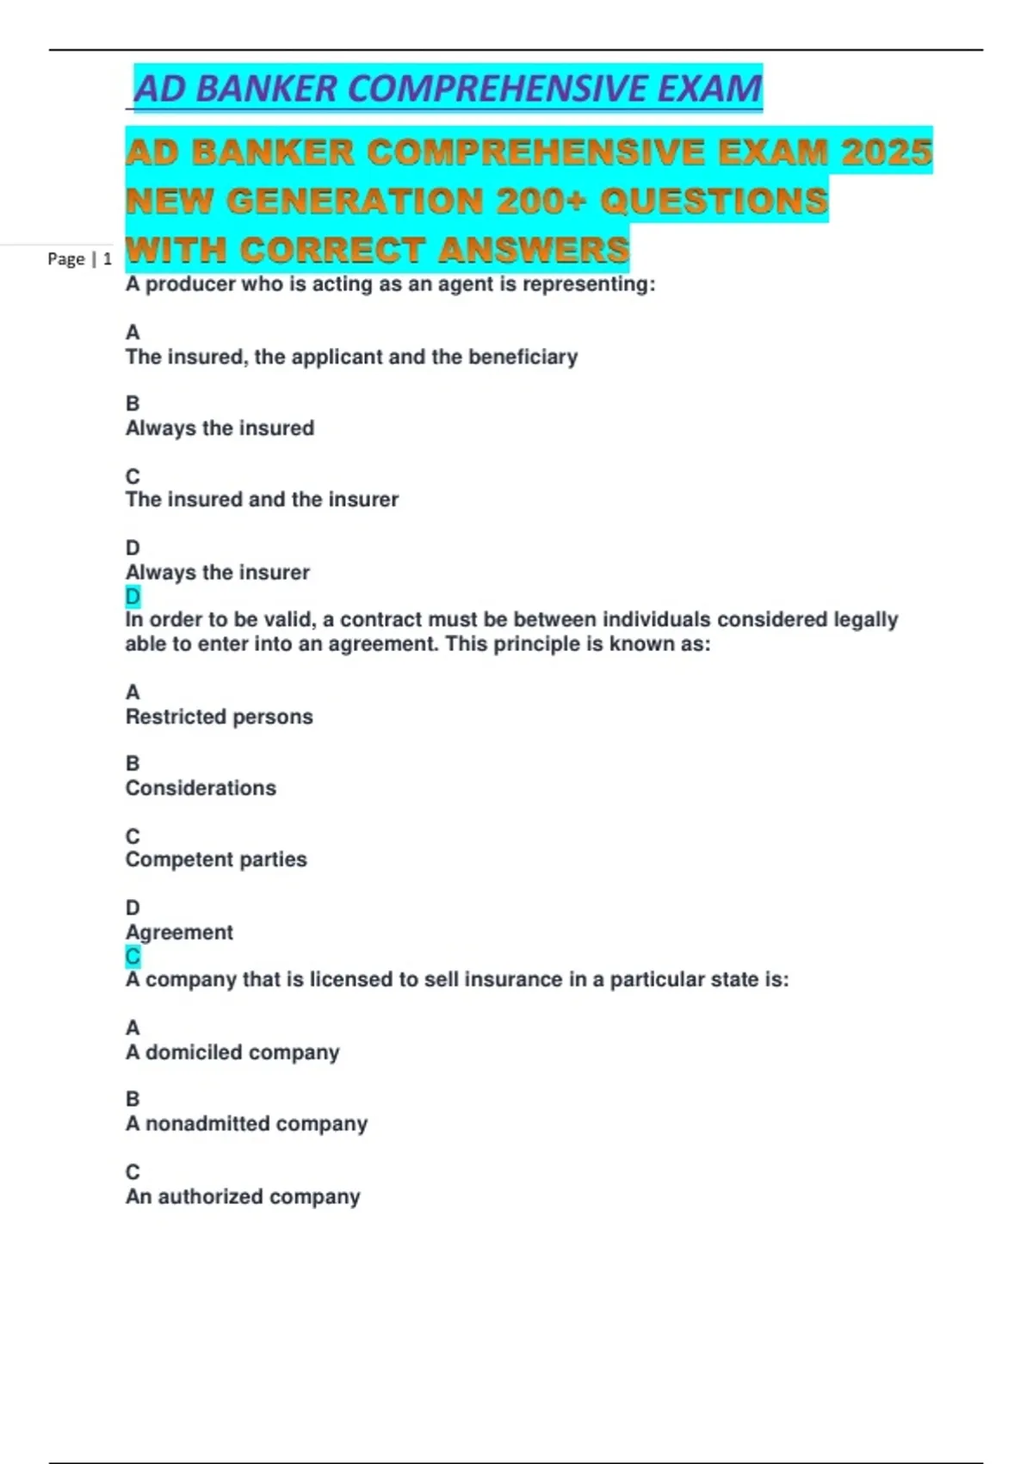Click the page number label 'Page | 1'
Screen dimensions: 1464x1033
(x=79, y=258)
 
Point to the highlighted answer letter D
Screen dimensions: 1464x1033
(x=133, y=596)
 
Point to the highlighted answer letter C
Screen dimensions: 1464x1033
(x=133, y=956)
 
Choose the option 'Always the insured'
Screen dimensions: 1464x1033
(x=220, y=428)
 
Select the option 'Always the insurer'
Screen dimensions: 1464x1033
(x=217, y=572)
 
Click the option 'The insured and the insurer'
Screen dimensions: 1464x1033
(x=262, y=499)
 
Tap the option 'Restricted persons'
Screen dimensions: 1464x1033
(x=219, y=716)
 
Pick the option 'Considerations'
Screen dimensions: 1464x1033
(x=201, y=788)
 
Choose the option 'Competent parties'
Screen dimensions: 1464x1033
(x=216, y=859)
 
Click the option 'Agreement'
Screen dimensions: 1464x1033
(x=179, y=932)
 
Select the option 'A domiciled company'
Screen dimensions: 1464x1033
(x=232, y=1052)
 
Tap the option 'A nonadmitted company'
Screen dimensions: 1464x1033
(x=246, y=1124)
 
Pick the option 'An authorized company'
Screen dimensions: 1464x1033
(x=243, y=1196)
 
